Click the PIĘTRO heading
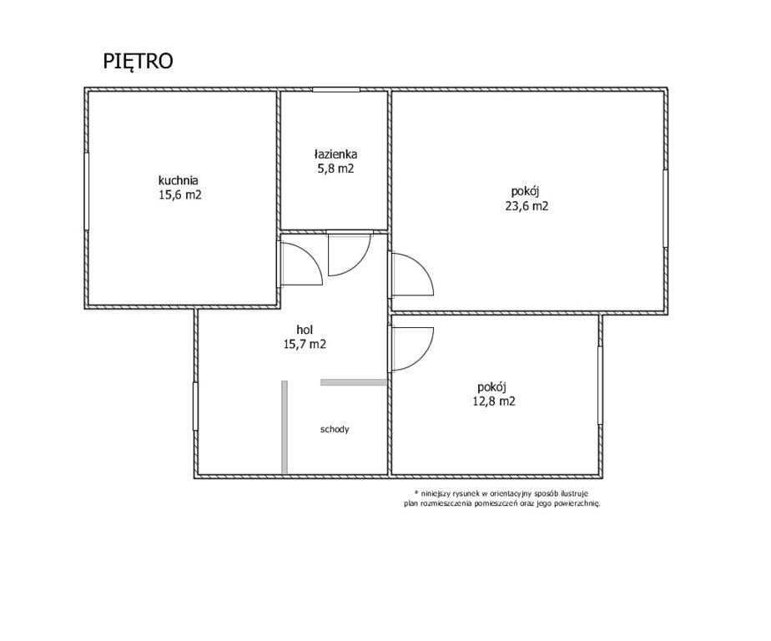click(x=138, y=62)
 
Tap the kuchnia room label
click(x=178, y=179)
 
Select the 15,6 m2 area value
click(x=180, y=194)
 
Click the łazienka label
click(x=335, y=154)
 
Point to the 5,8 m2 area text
click(x=335, y=169)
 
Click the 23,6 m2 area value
click(x=527, y=206)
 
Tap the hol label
click(x=305, y=329)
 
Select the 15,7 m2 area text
click(x=305, y=345)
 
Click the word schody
click(x=335, y=430)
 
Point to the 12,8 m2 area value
click(x=494, y=401)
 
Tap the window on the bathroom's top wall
click(x=335, y=89)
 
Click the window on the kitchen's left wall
click(x=87, y=191)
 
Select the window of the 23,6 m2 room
click(x=665, y=208)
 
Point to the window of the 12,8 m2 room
click(x=601, y=386)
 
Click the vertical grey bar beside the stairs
click(x=285, y=427)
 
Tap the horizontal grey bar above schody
click(x=354, y=381)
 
